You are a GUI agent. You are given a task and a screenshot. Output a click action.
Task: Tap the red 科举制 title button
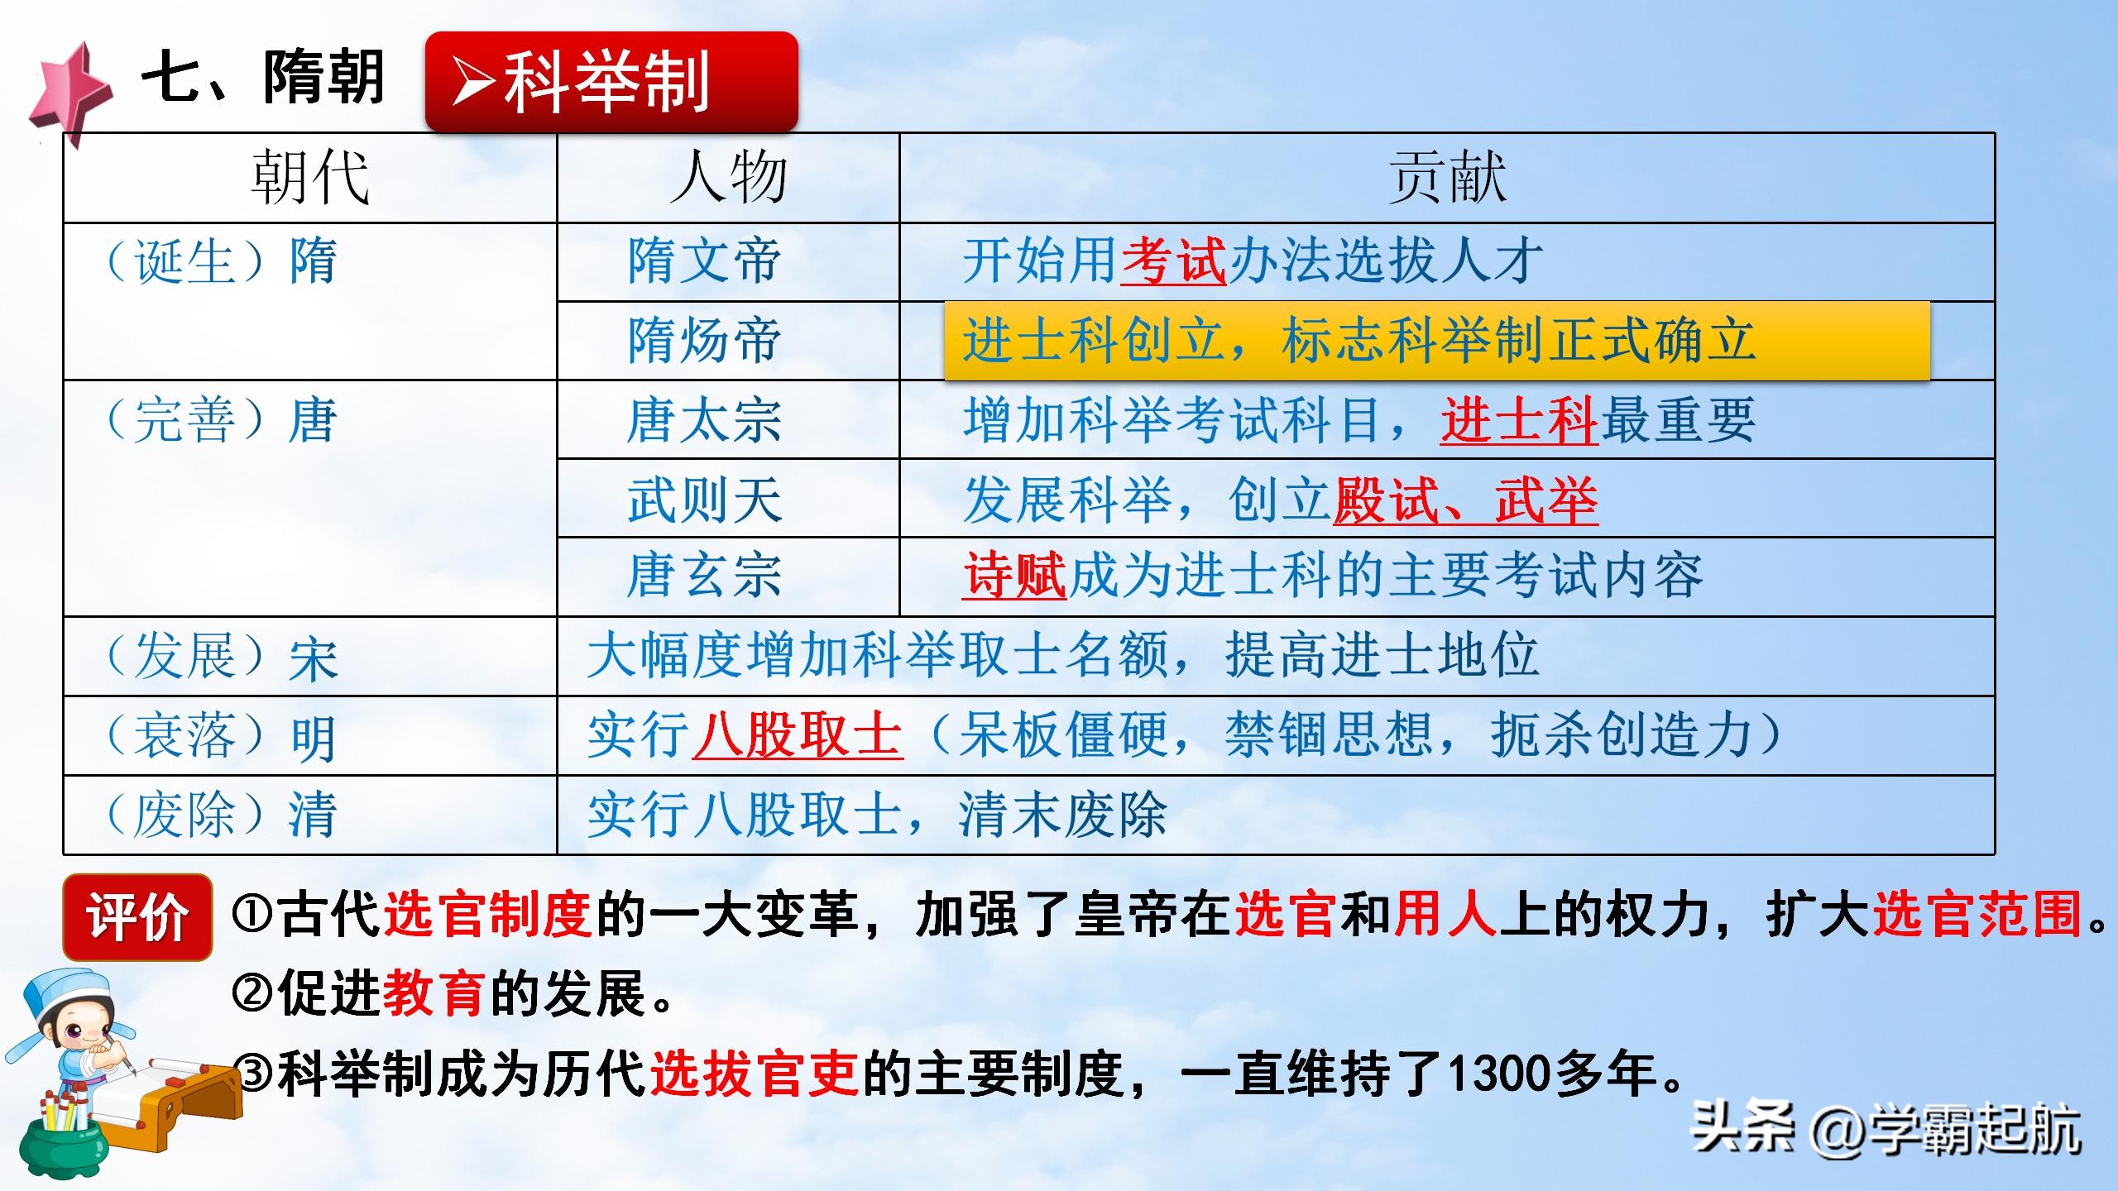(611, 81)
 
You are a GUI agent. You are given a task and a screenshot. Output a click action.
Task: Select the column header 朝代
(310, 178)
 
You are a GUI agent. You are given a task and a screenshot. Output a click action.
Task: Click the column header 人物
(728, 178)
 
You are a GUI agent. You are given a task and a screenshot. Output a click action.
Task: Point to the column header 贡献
(1446, 178)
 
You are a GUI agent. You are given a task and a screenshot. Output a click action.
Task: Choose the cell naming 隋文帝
(704, 261)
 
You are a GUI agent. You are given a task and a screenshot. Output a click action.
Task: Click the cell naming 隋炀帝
(704, 341)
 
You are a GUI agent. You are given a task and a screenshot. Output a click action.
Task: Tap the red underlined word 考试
(1173, 261)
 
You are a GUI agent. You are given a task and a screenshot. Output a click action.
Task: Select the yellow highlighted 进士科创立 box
(1436, 341)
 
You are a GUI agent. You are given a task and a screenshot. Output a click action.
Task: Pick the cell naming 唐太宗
(704, 420)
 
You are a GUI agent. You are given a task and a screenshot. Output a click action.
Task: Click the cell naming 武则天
(704, 500)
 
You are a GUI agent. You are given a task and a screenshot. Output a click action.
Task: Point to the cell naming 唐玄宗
(704, 576)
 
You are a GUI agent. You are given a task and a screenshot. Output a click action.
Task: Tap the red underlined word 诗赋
(1014, 576)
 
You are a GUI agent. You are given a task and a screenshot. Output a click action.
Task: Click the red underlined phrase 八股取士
(798, 734)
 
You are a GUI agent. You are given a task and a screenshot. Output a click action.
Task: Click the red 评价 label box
(137, 916)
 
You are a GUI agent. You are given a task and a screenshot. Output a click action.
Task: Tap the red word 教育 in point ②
(434, 994)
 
